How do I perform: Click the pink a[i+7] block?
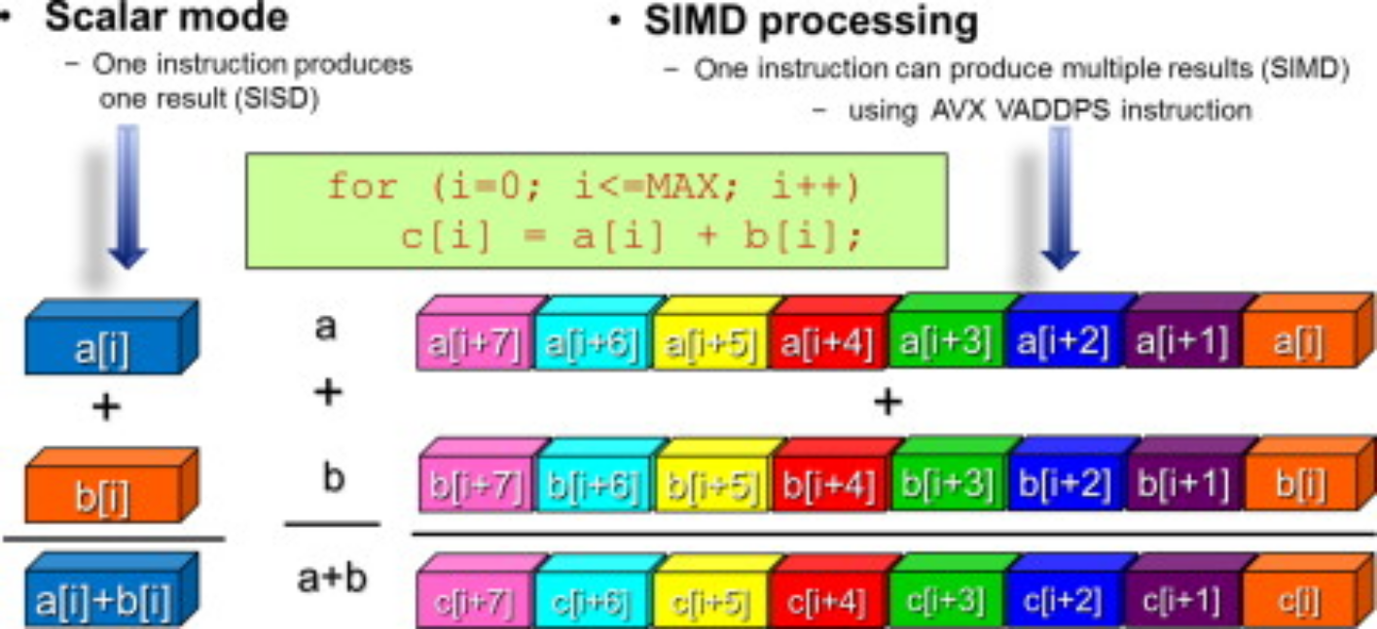481,333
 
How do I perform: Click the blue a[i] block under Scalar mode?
112,337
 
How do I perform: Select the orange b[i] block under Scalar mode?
112,486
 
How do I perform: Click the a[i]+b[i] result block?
112,590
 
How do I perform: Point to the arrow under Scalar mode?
127,196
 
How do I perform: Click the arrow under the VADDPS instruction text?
1060,197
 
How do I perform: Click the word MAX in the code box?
681,185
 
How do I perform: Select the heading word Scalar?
97,17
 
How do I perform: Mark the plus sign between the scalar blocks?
106,406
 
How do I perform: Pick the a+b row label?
332,578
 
